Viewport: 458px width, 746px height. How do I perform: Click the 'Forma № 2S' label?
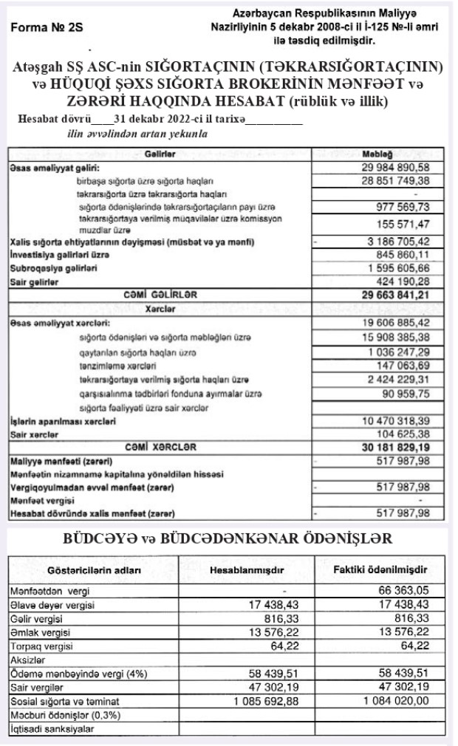click(47, 27)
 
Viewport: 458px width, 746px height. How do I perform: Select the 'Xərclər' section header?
click(160, 308)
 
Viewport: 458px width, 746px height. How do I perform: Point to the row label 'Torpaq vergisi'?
click(41, 645)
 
